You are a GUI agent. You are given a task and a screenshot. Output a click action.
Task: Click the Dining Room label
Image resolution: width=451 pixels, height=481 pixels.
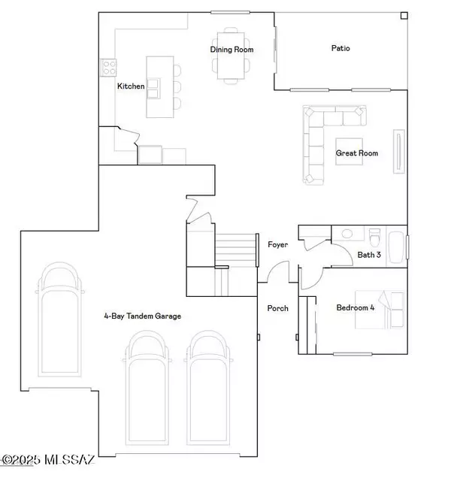pos(232,50)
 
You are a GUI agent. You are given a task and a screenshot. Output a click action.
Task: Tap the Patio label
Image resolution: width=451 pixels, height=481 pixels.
pos(341,48)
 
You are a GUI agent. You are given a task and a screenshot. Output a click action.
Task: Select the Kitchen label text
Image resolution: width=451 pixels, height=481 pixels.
pos(130,86)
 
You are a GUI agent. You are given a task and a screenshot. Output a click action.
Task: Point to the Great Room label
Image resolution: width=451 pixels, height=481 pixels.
pos(356,153)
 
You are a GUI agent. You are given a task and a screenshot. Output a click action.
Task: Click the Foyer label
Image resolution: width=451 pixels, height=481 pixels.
pos(278,244)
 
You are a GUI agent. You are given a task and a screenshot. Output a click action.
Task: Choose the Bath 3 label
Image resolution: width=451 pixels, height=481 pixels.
pos(369,255)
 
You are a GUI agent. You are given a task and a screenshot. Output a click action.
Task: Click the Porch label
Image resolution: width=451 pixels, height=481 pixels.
pos(278,308)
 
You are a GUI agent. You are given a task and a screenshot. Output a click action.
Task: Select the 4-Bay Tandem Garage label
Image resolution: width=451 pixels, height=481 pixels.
pos(143,316)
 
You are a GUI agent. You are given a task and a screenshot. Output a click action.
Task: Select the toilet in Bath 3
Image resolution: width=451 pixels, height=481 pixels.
pos(375,233)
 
